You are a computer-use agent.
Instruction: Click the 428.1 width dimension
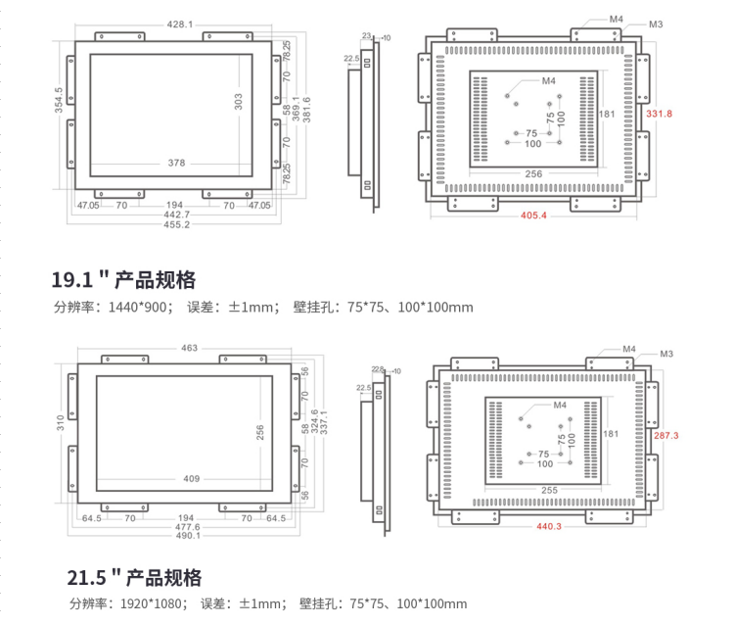point(179,24)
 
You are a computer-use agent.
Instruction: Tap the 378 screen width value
point(176,163)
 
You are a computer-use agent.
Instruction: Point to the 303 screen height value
point(238,102)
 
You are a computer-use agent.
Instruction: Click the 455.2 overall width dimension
point(177,224)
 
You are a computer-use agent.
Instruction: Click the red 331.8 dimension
point(659,114)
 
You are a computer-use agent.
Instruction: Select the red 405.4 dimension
point(533,216)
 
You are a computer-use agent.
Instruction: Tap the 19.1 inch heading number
point(74,280)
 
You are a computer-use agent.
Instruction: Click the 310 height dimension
point(60,423)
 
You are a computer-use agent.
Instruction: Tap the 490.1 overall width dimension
point(189,536)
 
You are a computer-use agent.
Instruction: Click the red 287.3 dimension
point(665,434)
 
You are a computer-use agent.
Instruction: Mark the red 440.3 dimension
point(549,526)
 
